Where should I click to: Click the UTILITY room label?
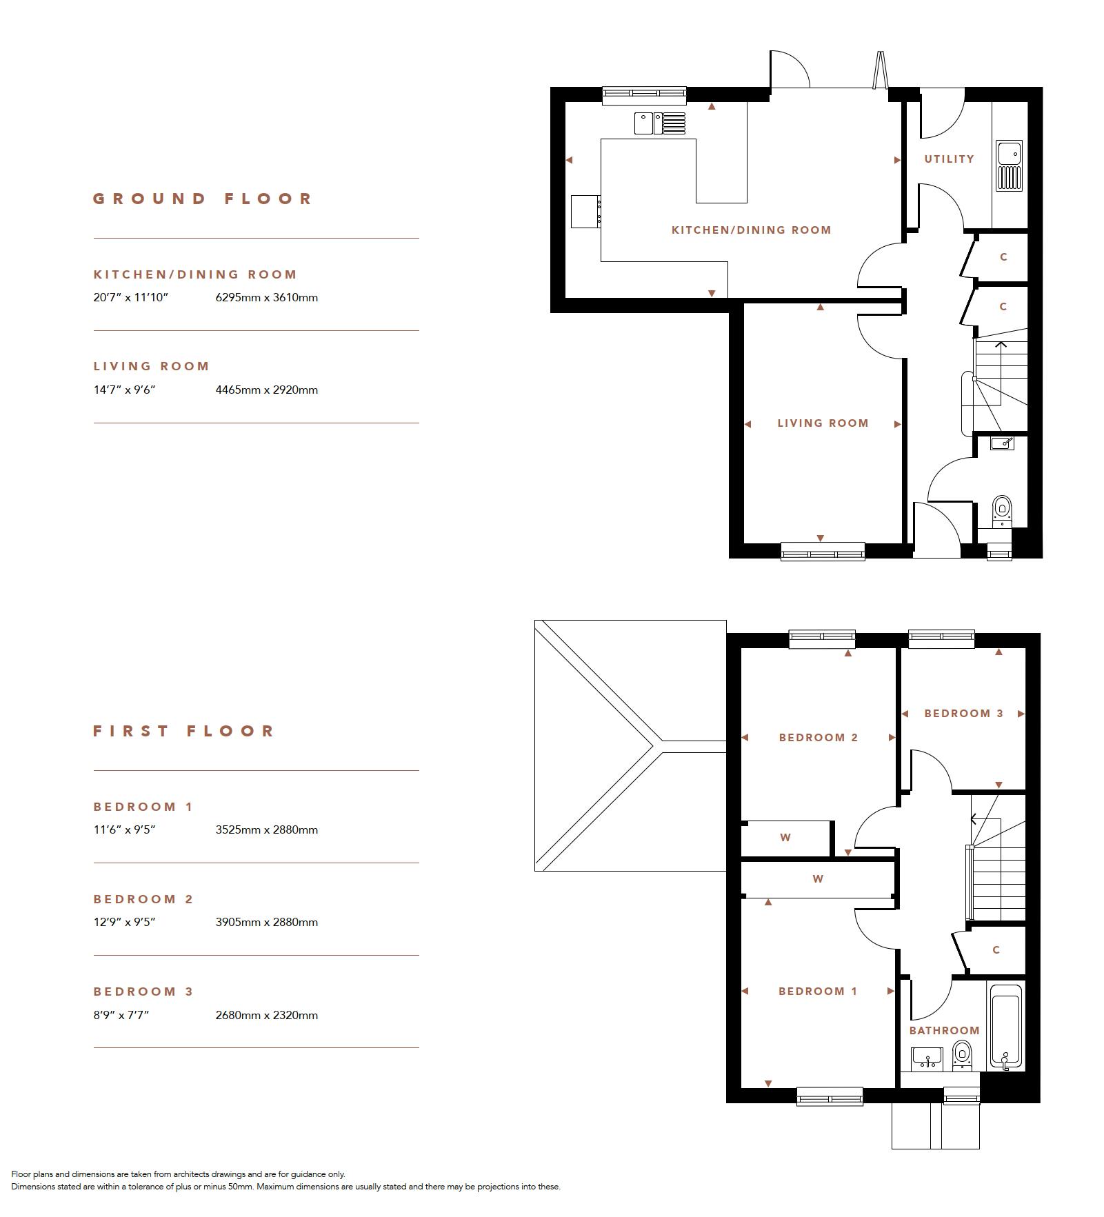(x=949, y=159)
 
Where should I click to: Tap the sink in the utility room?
(x=1009, y=165)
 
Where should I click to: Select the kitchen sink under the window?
(x=660, y=123)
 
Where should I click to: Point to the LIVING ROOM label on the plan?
(x=823, y=423)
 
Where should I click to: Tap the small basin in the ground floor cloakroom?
(x=1002, y=443)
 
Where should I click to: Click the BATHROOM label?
(x=944, y=1030)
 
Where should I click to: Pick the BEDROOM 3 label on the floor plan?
(x=963, y=714)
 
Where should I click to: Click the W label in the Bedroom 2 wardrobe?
(x=785, y=838)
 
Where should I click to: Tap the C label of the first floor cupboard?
(x=996, y=950)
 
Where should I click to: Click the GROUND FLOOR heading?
(x=203, y=199)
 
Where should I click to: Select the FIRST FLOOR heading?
(x=184, y=731)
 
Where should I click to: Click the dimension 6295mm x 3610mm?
(x=267, y=298)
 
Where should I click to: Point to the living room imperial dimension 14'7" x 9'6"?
(x=125, y=390)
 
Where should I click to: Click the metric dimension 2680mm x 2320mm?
(x=267, y=1015)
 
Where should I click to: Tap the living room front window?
(x=823, y=551)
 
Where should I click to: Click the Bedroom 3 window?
(x=941, y=639)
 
